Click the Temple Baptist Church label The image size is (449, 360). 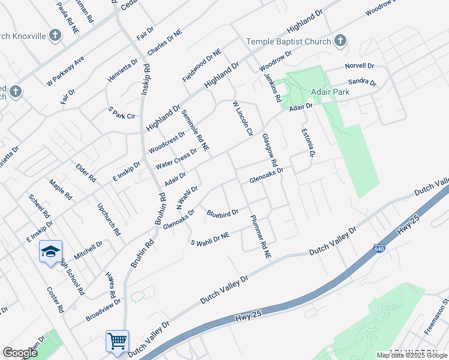coord(289,41)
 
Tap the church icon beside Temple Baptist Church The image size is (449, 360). coord(340,41)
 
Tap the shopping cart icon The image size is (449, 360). coord(117,341)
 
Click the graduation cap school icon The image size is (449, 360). coord(50,251)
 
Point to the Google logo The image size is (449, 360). coord(20,353)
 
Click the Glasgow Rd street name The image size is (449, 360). coord(270,151)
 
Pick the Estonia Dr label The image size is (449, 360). coord(308,143)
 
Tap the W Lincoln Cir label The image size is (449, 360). coord(243,118)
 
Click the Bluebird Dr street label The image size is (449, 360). coord(223,213)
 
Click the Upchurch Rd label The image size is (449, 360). coord(109,219)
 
